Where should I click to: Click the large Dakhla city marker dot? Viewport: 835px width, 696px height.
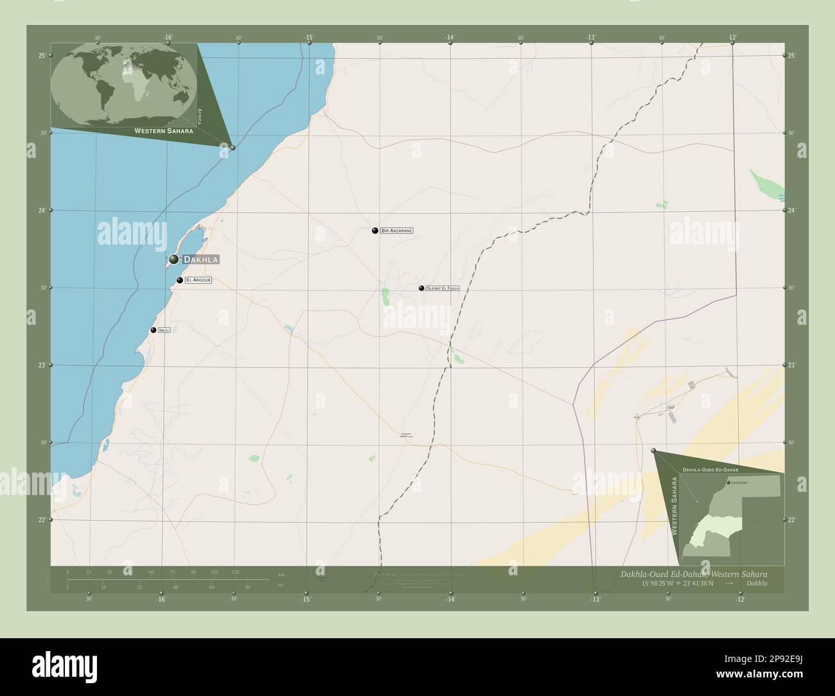[173, 259]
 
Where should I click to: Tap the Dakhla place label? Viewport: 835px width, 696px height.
[201, 259]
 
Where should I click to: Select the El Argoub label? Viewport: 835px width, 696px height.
[198, 281]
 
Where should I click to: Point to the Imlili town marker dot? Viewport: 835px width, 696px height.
[154, 330]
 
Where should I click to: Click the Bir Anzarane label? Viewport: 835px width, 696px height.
[396, 231]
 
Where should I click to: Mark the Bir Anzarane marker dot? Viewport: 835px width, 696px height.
[375, 231]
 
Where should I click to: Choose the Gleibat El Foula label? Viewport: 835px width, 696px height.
[443, 289]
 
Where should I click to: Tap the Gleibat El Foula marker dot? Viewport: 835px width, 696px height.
[421, 288]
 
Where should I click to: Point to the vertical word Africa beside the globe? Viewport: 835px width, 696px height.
[200, 116]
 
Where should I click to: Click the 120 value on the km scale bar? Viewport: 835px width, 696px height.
[236, 571]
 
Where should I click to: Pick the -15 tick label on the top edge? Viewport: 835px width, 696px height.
[309, 38]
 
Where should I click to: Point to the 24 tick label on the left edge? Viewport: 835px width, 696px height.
[42, 211]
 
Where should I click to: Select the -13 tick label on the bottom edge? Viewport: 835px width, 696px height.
[595, 600]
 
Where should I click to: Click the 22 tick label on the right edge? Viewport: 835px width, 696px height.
[792, 519]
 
